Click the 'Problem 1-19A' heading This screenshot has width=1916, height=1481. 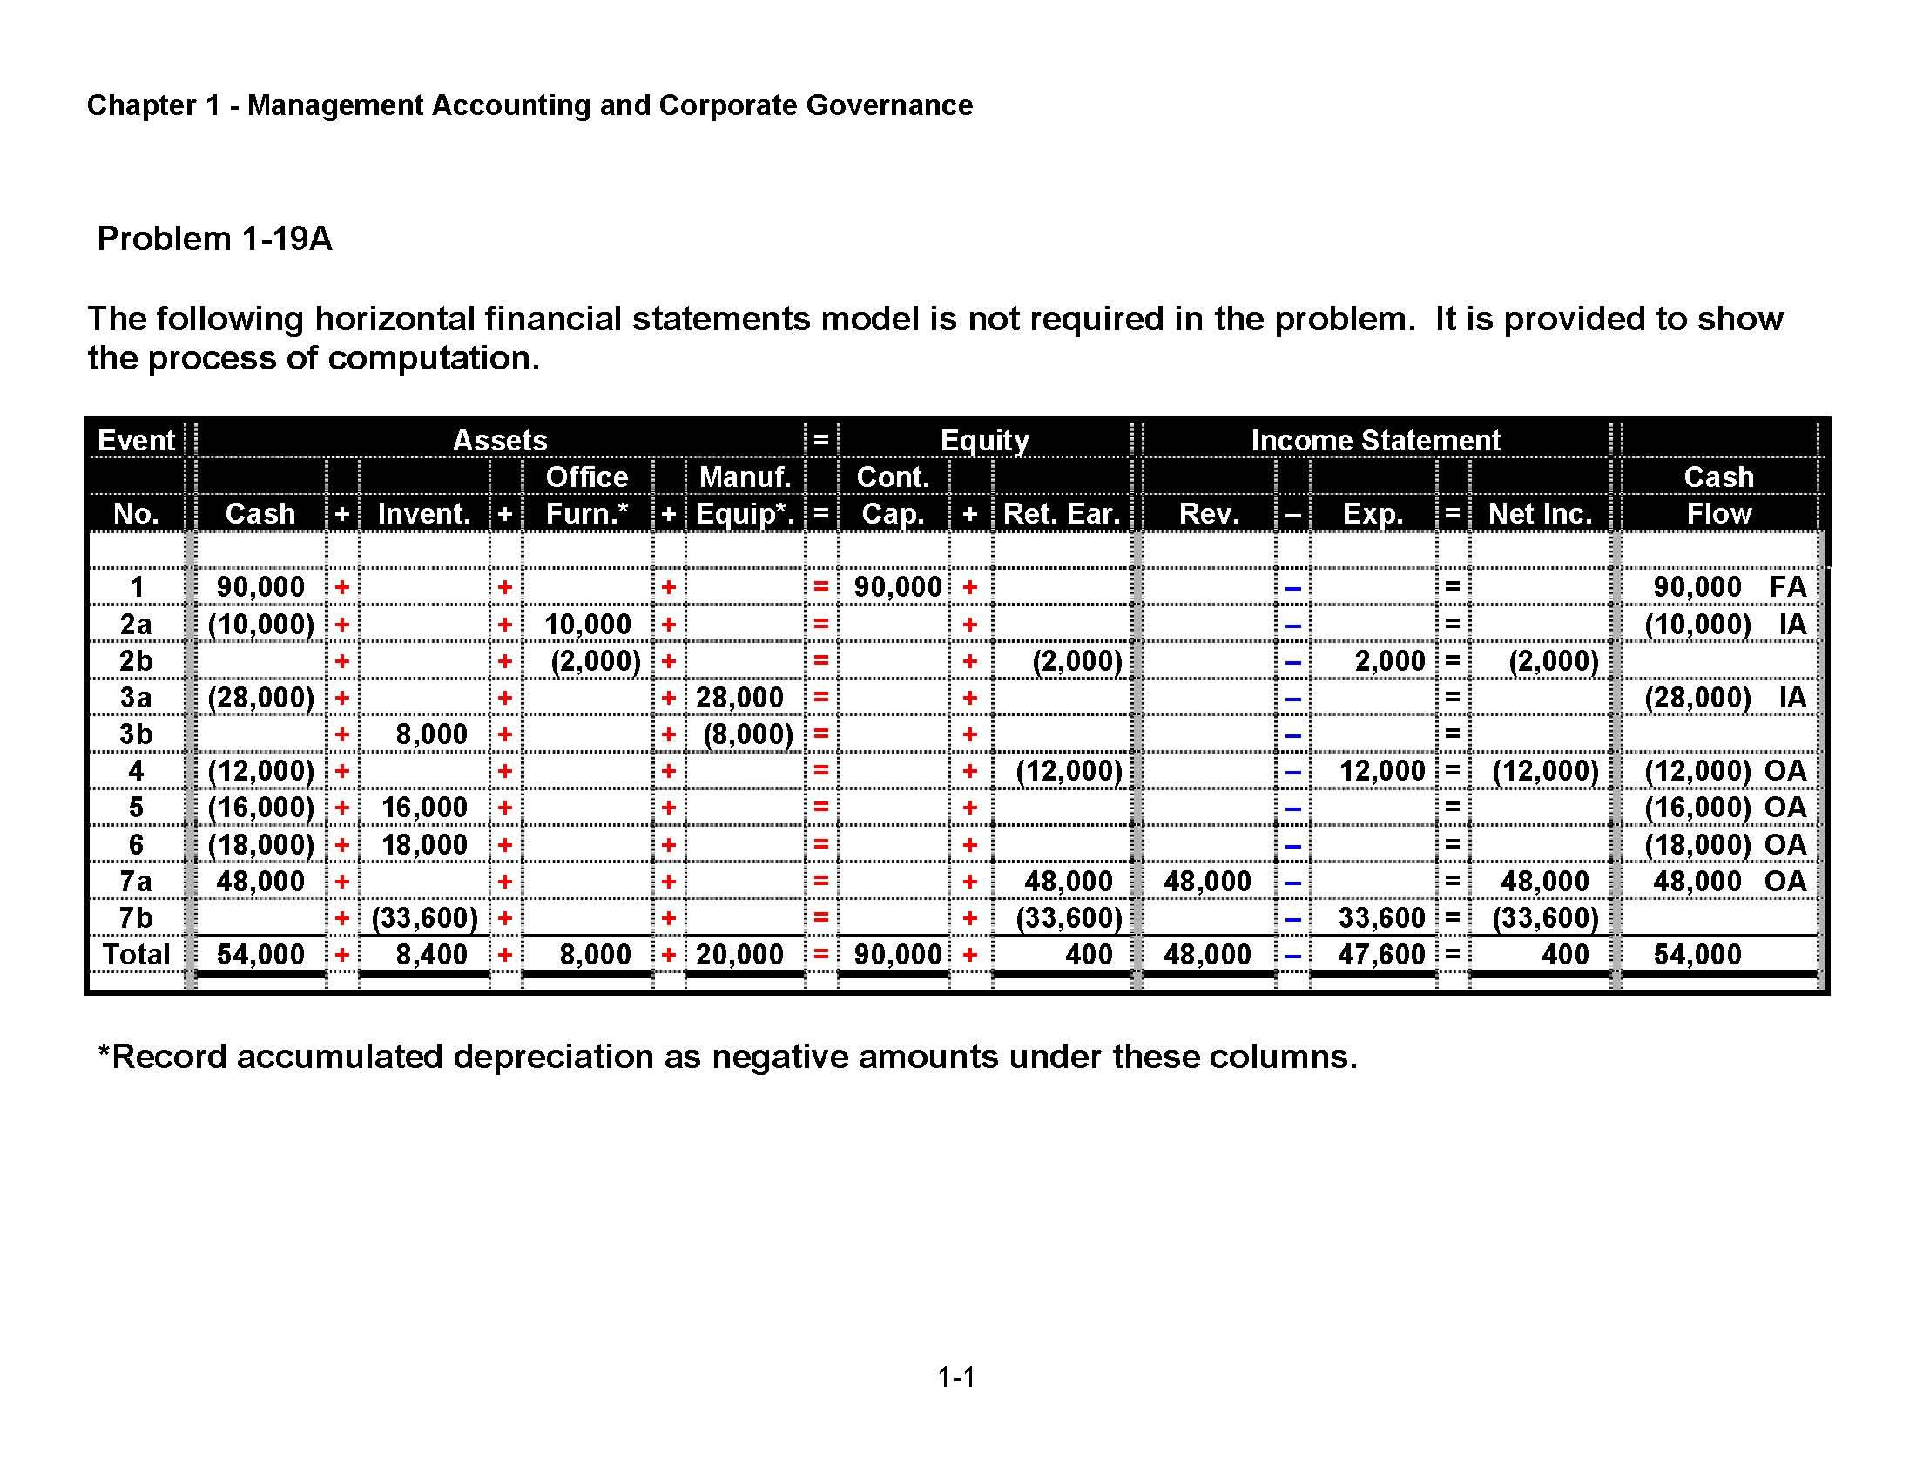pyautogui.click(x=214, y=239)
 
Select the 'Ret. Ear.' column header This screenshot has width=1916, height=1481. pyautogui.click(x=1062, y=513)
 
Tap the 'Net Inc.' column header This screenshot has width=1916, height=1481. pyautogui.click(x=1540, y=513)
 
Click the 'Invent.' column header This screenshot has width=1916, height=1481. pyautogui.click(x=424, y=513)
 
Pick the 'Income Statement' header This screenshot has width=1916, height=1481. pyautogui.click(x=1374, y=440)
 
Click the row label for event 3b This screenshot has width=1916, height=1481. pyautogui.click(x=136, y=734)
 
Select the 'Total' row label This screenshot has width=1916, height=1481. pyautogui.click(x=136, y=955)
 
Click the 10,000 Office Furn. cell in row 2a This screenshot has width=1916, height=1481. pyautogui.click(x=588, y=625)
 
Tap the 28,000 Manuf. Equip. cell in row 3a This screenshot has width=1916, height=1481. pyautogui.click(x=739, y=698)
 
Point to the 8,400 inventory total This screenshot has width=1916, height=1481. pyautogui.click(x=431, y=955)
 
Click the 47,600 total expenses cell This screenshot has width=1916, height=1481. pyautogui.click(x=1381, y=955)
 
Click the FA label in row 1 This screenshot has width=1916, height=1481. pyautogui.click(x=1787, y=587)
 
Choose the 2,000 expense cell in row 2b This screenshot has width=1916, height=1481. pyautogui.click(x=1390, y=660)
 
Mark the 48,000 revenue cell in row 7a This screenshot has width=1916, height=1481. pyautogui.click(x=1207, y=881)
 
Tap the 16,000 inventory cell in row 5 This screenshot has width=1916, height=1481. pyautogui.click(x=425, y=808)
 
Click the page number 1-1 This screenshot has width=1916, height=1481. pyautogui.click(x=956, y=1377)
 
